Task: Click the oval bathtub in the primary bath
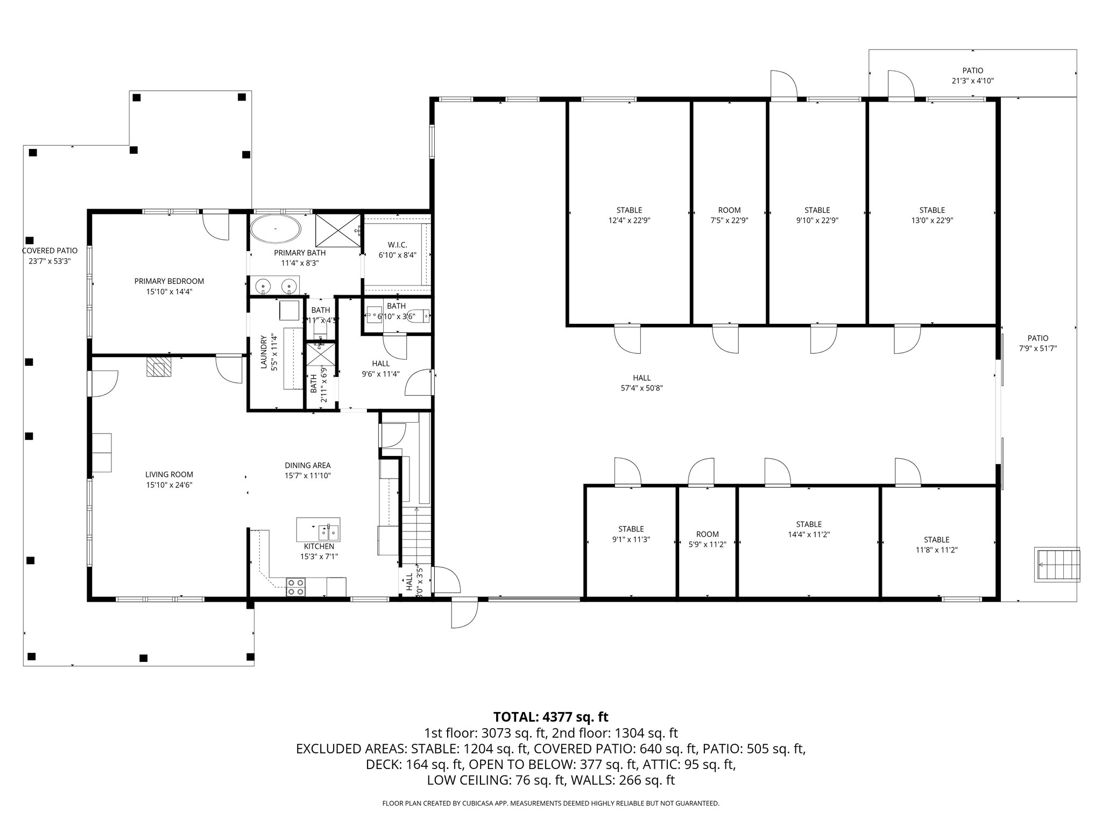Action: tap(275, 229)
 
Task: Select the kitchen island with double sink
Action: tap(318, 530)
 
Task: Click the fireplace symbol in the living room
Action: tap(159, 367)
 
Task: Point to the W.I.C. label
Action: tap(397, 245)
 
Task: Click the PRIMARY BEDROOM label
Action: tap(169, 281)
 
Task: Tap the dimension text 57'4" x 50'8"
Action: tap(641, 388)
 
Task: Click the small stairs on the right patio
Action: tap(1057, 565)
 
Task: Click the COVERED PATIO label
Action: tap(50, 251)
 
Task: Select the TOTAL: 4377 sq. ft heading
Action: tap(550, 717)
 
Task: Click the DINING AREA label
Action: tap(307, 465)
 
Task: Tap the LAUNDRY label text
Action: tap(264, 352)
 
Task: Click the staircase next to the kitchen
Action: tap(416, 535)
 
